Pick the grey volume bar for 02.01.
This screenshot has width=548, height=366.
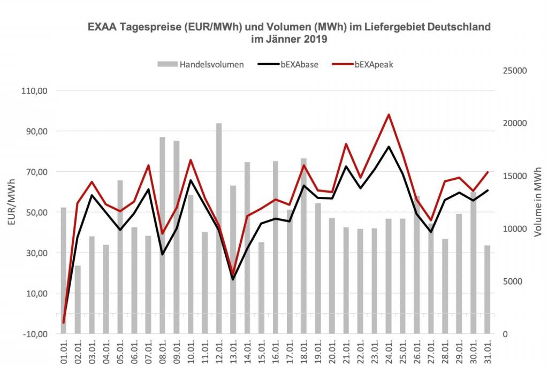tap(78, 300)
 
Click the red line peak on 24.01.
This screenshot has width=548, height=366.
tap(389, 115)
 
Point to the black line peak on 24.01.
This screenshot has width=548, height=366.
tap(389, 147)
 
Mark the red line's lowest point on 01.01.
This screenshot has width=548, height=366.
tap(64, 323)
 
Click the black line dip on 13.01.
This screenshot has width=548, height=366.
tap(233, 279)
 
